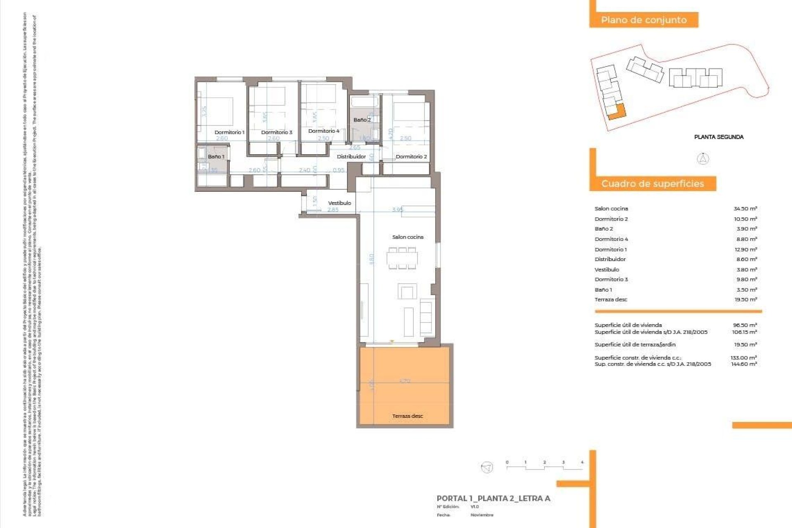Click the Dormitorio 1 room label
(229, 132)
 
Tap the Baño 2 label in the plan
(362, 120)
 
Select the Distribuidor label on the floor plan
(351, 157)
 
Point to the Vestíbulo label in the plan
(339, 203)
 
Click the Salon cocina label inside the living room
(408, 237)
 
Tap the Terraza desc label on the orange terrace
(408, 416)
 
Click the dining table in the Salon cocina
(402, 259)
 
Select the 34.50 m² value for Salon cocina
(745, 209)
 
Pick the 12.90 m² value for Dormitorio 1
(745, 250)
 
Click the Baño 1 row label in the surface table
(603, 290)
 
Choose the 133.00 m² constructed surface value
(743, 358)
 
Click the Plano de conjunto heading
(643, 20)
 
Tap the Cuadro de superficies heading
(652, 184)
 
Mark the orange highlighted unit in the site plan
(617, 111)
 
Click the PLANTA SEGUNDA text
(719, 137)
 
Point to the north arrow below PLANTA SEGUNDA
(703, 159)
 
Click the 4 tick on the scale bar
(582, 462)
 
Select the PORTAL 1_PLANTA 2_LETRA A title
(493, 498)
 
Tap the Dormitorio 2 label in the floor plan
(411, 157)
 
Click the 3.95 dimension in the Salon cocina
(398, 210)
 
